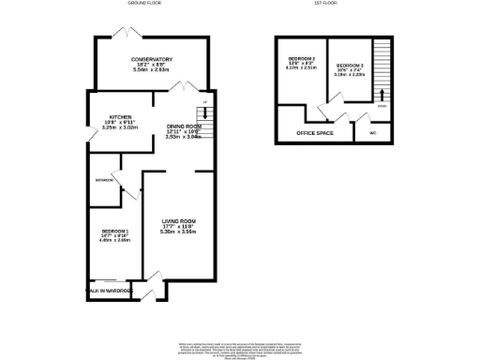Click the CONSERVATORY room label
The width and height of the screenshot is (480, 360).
pyautogui.click(x=153, y=59)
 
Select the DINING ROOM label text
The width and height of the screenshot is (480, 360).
pyautogui.click(x=185, y=126)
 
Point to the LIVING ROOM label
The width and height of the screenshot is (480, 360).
pyautogui.click(x=178, y=221)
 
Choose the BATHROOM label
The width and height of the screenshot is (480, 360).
pyautogui.click(x=103, y=179)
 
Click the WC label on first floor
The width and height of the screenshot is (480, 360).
pyautogui.click(x=372, y=132)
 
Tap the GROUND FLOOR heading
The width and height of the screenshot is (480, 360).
pyautogui.click(x=143, y=5)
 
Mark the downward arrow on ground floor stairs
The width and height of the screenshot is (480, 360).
pyautogui.click(x=205, y=113)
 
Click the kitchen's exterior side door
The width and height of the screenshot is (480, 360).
pyautogui.click(x=91, y=137)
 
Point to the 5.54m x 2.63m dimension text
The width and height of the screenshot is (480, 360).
pyautogui.click(x=153, y=70)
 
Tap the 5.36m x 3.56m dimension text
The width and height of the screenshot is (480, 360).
pyautogui.click(x=178, y=232)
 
